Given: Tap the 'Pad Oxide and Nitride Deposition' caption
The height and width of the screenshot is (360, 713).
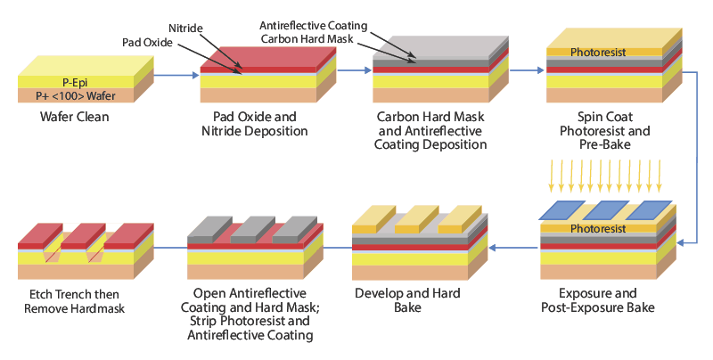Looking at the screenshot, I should (259, 124).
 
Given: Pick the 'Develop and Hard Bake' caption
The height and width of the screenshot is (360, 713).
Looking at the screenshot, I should (413, 300).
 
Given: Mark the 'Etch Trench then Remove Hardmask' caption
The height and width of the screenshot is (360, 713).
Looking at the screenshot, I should (70, 301).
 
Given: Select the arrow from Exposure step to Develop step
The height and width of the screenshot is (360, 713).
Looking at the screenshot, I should (512, 248).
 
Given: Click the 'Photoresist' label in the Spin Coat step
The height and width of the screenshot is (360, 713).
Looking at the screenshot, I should (592, 53).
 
